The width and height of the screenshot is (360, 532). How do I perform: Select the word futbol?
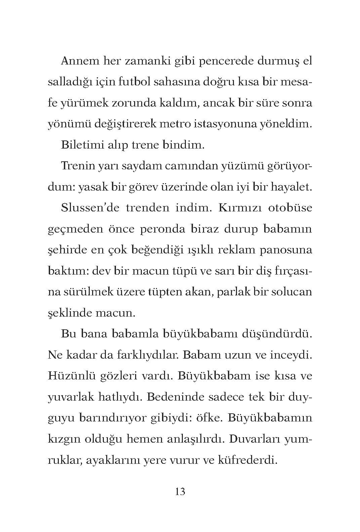pos(134,82)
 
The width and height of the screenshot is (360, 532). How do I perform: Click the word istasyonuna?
pos(227,124)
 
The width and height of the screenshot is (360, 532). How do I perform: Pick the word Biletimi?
pos(80,145)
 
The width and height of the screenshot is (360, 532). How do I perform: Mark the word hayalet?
pos(292,187)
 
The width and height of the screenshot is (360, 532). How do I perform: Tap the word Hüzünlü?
pos(71,376)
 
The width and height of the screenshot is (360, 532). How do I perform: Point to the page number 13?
pos(180,492)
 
